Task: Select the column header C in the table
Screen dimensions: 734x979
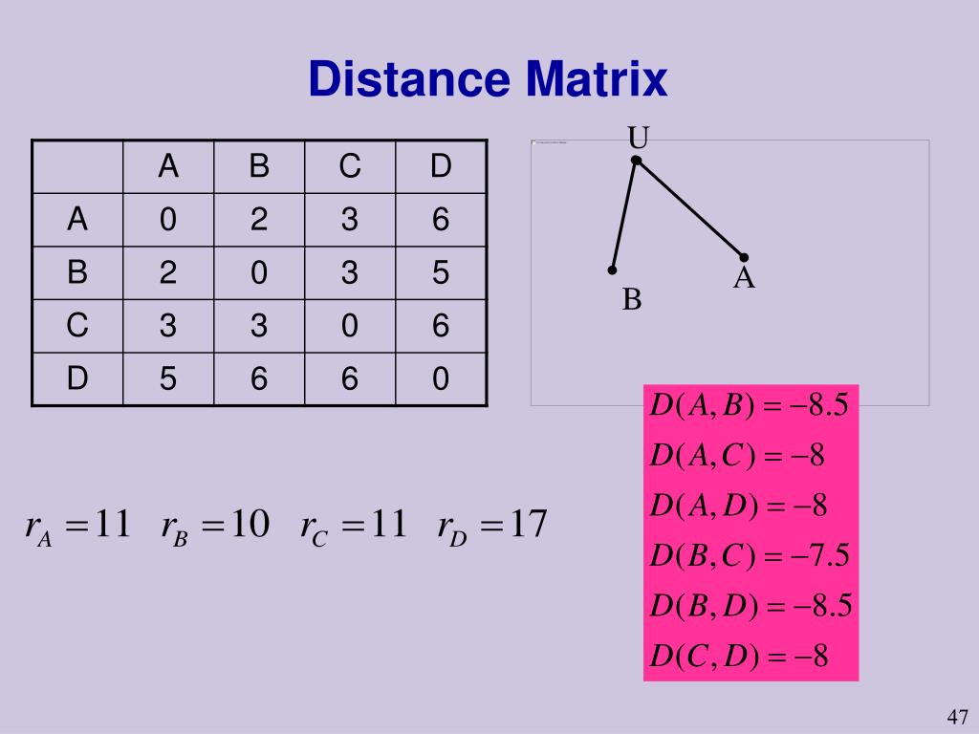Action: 349,167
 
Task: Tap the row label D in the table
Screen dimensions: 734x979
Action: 76,379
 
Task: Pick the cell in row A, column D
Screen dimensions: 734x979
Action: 440,221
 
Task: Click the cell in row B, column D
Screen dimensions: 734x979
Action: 440,273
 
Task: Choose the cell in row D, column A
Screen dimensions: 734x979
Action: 168,379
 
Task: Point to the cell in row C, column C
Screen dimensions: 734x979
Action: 349,327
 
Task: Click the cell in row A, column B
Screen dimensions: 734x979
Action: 258,221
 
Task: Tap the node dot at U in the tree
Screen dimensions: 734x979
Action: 637,161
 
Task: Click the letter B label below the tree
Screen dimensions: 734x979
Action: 632,300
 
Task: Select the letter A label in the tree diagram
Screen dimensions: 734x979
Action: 745,279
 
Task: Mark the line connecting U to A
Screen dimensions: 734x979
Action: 690,208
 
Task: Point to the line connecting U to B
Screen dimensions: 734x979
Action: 624,215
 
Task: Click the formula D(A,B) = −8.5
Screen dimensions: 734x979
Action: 750,405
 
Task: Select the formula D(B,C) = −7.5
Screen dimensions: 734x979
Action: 750,555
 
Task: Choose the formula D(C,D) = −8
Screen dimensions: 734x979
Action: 738,657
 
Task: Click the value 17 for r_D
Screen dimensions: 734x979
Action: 528,524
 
